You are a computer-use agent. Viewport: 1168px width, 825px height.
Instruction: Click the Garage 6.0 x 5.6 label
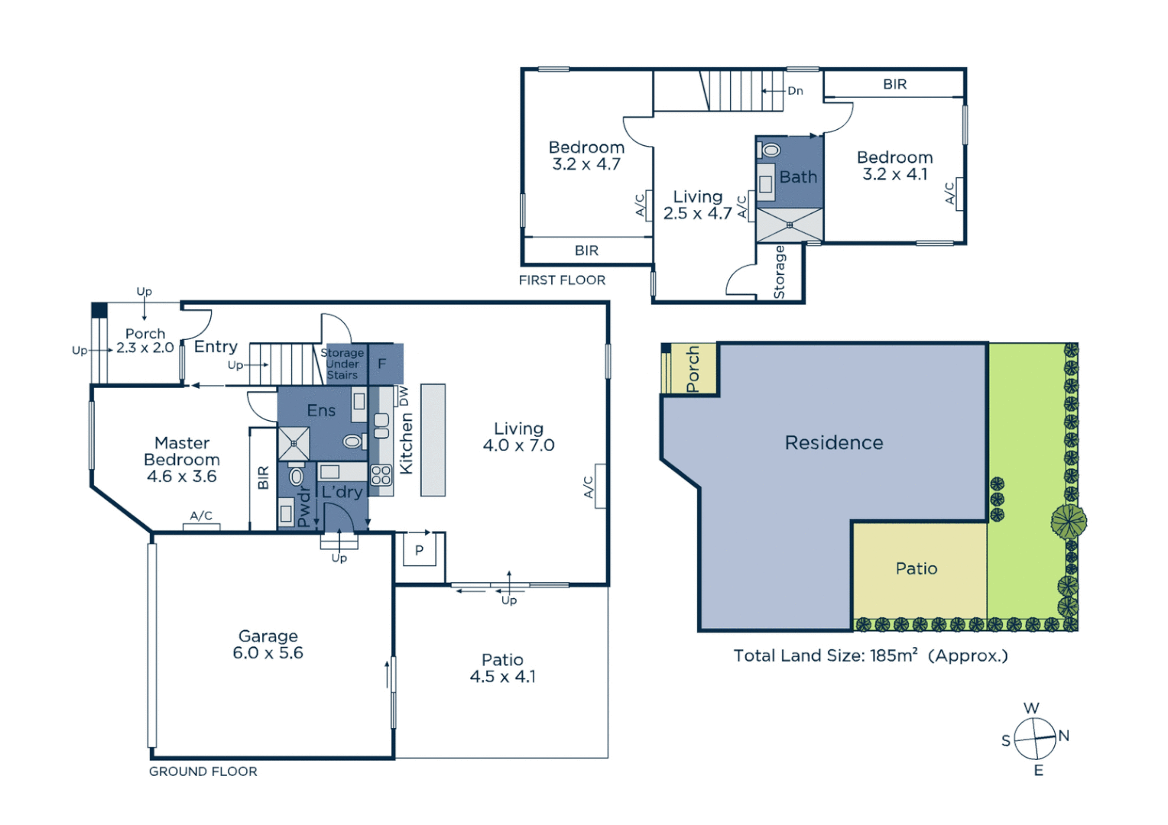tap(268, 644)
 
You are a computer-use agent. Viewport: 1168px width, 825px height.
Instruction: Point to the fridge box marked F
tap(382, 364)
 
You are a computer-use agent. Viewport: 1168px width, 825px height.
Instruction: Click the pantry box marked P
tap(419, 550)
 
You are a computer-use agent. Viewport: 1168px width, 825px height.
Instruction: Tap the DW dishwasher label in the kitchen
tap(404, 396)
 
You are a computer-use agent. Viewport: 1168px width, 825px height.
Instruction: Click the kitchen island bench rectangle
tap(433, 440)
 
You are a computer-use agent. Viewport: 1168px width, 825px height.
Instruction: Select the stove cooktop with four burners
tap(381, 475)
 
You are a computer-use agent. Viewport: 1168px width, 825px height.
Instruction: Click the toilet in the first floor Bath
tap(771, 150)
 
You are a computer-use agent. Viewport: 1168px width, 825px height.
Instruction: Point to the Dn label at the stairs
tap(795, 91)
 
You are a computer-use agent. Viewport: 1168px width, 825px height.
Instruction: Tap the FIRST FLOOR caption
tap(562, 280)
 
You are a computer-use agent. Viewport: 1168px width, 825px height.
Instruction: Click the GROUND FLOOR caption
tap(203, 772)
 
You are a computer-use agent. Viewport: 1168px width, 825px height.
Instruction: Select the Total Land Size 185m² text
tap(870, 655)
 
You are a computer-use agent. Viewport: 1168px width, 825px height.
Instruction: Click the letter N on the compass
tap(1063, 736)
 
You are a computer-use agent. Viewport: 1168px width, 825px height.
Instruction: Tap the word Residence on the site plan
tap(834, 443)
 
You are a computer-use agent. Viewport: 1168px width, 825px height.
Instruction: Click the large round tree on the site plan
tap(1068, 522)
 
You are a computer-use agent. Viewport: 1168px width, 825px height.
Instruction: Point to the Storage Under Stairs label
tap(342, 364)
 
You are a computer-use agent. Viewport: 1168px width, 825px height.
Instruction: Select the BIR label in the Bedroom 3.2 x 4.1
tap(894, 84)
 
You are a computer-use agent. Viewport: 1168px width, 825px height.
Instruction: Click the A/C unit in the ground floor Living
tap(600, 487)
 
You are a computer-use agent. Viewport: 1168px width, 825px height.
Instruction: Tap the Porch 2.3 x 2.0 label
tap(145, 341)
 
